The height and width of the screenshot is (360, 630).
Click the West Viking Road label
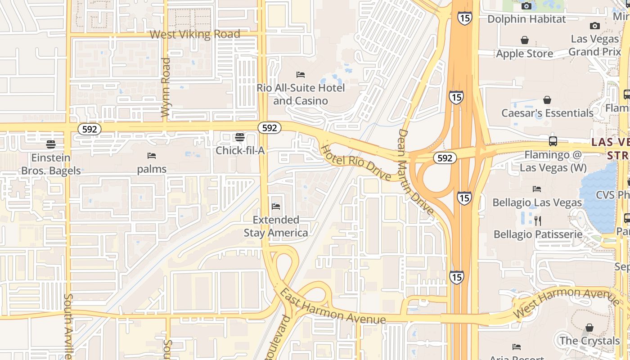[x=195, y=34]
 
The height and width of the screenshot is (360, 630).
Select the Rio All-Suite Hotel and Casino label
[x=301, y=94]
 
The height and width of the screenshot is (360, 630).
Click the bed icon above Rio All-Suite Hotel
[x=301, y=74]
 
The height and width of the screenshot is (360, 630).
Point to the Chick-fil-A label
[x=240, y=150]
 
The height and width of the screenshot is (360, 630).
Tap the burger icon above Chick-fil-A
[x=240, y=137]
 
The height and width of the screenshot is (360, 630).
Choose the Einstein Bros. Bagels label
[x=51, y=164]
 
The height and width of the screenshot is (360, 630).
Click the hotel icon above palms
[x=152, y=156]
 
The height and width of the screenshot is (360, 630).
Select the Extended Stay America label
[x=276, y=226]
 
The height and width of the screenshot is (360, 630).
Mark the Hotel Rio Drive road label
[x=355, y=162]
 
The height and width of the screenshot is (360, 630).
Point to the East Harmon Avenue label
[x=333, y=307]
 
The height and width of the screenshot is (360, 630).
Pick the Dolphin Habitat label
[x=526, y=19]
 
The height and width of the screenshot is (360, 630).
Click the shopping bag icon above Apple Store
[x=525, y=40]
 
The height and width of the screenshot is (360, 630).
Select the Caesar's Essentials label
[x=548, y=113]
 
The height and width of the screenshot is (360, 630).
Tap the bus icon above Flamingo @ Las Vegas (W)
[x=553, y=141]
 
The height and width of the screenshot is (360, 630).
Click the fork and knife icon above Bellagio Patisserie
[x=537, y=221]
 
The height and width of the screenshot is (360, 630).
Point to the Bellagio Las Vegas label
[x=537, y=202]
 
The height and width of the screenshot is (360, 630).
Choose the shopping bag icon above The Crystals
[x=589, y=328]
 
